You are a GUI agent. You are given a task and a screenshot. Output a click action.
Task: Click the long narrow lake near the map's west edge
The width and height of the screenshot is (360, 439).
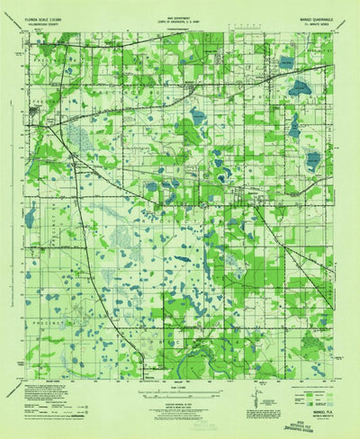point(31,216)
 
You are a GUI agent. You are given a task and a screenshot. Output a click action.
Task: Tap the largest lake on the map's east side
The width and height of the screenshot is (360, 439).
point(294,127)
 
